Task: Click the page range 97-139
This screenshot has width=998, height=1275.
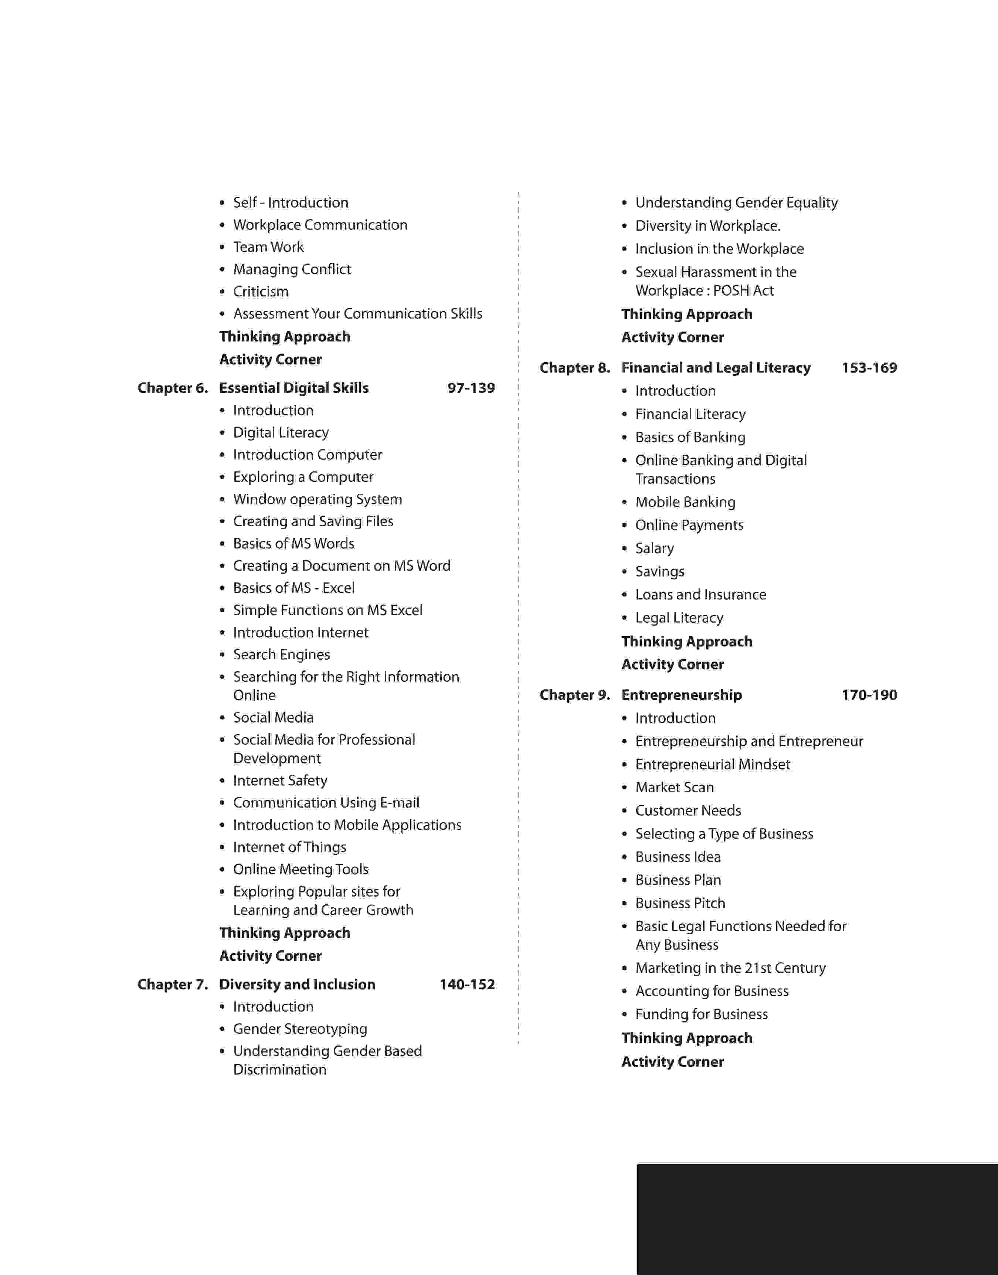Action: tap(471, 388)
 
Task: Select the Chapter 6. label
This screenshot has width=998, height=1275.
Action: tap(172, 388)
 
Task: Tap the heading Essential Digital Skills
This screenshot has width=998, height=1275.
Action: tap(294, 388)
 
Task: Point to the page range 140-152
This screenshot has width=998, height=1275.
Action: tap(467, 984)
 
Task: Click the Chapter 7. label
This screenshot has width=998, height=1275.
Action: tap(172, 984)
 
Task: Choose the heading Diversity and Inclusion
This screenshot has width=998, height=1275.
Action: tap(298, 984)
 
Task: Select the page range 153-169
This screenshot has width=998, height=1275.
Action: tap(869, 367)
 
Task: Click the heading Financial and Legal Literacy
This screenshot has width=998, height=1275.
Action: tap(716, 367)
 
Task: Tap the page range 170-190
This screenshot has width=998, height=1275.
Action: tap(869, 694)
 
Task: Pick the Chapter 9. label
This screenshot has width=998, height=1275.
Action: tap(574, 694)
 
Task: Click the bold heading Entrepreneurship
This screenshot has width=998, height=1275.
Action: tap(681, 694)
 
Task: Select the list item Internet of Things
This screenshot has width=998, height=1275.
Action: tap(289, 847)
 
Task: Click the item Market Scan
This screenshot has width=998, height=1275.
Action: tap(674, 787)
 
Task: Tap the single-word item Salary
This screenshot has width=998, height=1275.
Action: tap(654, 548)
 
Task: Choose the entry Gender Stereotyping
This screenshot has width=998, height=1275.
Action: tap(300, 1028)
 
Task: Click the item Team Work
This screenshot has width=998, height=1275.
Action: tap(268, 247)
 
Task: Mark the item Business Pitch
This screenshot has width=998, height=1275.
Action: tap(680, 903)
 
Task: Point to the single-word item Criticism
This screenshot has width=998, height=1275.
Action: tap(261, 292)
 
